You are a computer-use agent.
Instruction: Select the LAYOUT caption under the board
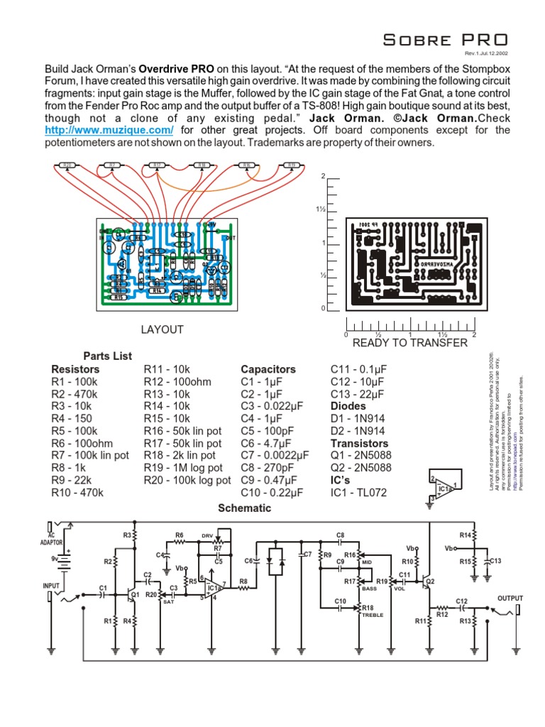pyautogui.click(x=162, y=329)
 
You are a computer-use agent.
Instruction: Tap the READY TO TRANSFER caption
pyautogui.click(x=410, y=343)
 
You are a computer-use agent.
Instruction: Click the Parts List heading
pyautogui.click(x=107, y=356)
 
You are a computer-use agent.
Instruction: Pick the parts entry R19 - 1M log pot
pyautogui.click(x=183, y=468)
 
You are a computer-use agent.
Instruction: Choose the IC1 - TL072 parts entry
pyautogui.click(x=359, y=493)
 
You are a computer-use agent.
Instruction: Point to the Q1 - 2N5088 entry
pyautogui.click(x=361, y=455)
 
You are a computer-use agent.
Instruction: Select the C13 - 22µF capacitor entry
pyautogui.click(x=358, y=394)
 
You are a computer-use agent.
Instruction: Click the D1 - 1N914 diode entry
pyautogui.click(x=358, y=418)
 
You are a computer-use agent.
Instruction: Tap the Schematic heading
pyautogui.click(x=244, y=508)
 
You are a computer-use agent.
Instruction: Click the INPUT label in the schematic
pyautogui.click(x=51, y=586)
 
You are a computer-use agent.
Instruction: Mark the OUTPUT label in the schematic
pyautogui.click(x=510, y=598)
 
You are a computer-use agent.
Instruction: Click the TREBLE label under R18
pyautogui.click(x=372, y=615)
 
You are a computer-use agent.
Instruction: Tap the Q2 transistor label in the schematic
pyautogui.click(x=429, y=581)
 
